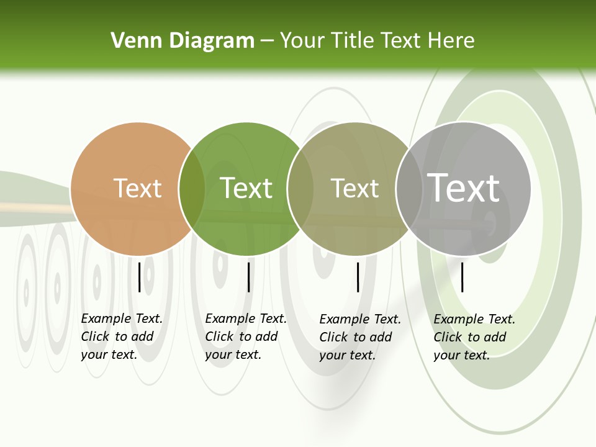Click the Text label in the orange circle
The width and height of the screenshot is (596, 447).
pos(137,188)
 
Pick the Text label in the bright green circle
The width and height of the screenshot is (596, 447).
pos(246,188)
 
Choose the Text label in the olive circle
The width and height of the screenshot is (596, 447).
pos(354,188)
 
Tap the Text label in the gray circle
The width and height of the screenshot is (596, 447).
pos(464,187)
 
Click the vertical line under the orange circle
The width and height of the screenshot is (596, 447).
pos(140,277)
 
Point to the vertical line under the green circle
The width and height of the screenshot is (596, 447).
pos(248,277)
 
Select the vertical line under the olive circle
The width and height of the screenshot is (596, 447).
pos(358,277)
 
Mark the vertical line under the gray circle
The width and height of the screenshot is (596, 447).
pos(463,277)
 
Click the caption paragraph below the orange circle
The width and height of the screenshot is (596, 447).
pos(122,336)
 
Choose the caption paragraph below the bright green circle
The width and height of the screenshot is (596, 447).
pos(246,336)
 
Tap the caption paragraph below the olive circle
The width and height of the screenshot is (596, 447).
pos(360,337)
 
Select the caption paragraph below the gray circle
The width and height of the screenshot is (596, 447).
pos(474,337)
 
